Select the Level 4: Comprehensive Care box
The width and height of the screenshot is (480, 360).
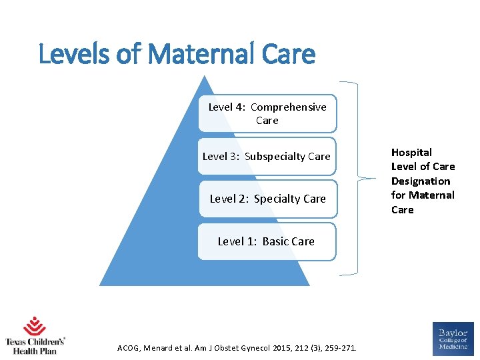267,113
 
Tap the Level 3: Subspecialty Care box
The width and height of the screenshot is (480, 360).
267,156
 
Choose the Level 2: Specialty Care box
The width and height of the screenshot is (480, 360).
267,199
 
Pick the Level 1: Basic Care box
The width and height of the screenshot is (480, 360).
267,241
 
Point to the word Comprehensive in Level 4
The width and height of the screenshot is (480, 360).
289,107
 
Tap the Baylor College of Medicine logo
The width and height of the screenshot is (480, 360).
453,337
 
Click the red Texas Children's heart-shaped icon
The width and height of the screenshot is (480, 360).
35,327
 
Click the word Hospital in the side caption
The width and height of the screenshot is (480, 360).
411,152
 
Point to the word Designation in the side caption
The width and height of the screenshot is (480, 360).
421,181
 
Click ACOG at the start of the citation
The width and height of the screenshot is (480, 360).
129,347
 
